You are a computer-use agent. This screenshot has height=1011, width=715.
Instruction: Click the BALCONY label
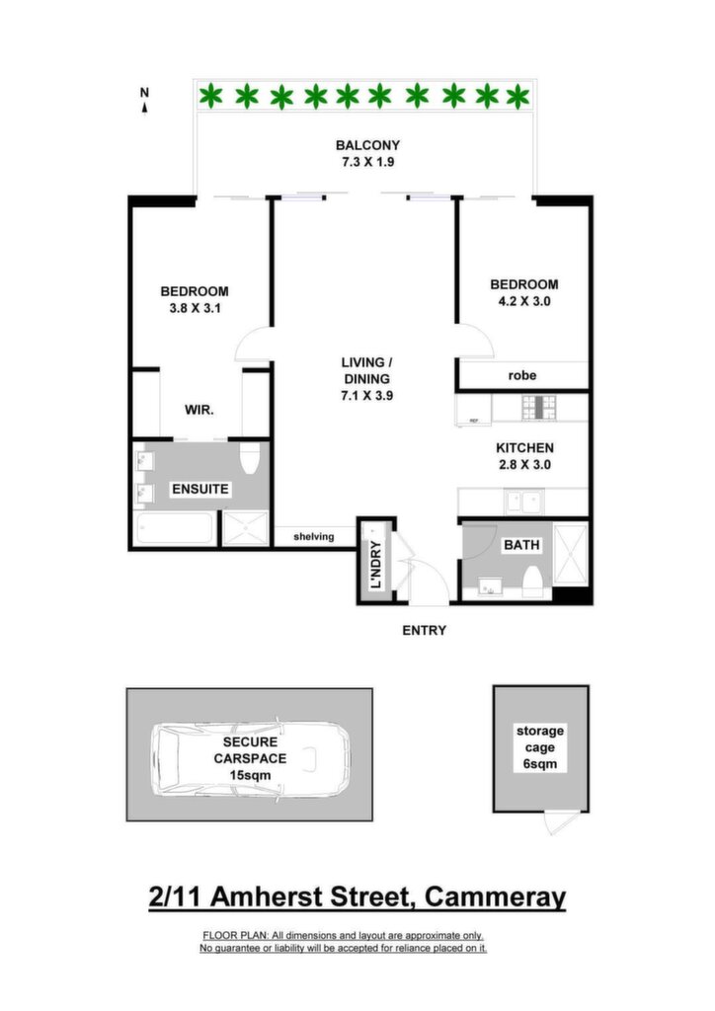367,145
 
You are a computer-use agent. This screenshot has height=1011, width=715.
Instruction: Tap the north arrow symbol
144,101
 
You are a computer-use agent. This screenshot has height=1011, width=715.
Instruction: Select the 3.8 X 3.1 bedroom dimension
195,308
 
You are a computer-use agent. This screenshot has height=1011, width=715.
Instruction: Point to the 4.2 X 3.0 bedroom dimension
524,301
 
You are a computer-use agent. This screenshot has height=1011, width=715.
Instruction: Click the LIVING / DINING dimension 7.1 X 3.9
366,395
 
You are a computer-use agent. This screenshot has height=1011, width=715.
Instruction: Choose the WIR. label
199,410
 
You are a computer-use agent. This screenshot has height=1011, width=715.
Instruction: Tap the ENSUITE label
200,489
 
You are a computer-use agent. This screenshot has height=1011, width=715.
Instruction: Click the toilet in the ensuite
249,456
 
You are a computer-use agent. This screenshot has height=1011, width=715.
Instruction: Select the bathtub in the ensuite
175,528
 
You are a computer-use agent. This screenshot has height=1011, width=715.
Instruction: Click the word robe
522,375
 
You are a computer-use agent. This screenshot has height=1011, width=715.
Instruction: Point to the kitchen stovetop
539,408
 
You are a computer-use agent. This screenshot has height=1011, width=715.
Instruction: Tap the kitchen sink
523,502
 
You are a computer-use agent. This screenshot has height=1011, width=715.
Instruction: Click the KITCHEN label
524,447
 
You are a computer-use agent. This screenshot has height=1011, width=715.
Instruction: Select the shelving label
314,536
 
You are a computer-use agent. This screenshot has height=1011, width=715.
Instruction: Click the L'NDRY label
376,565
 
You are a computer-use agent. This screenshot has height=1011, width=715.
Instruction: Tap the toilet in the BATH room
532,581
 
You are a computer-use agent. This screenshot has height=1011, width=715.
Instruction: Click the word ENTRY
425,630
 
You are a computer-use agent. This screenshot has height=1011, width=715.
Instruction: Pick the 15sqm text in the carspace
250,775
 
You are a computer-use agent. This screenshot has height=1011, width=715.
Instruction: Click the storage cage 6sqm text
540,748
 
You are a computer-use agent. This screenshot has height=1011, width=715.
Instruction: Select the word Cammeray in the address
495,896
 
